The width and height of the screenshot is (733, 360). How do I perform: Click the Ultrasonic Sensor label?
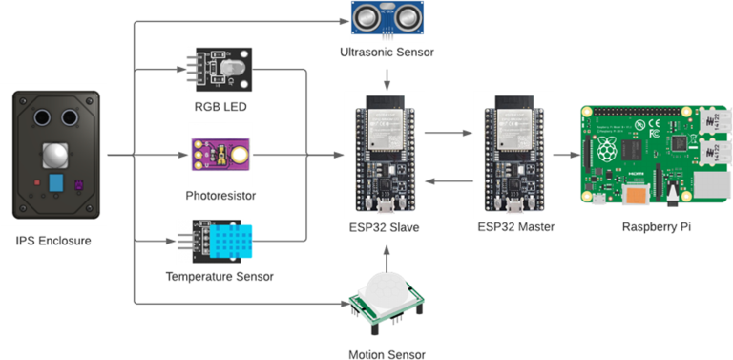click(387, 52)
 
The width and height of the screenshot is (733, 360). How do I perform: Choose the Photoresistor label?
click(220, 195)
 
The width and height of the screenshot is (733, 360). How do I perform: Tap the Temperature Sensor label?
click(219, 276)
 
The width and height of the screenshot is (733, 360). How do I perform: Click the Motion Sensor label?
click(387, 354)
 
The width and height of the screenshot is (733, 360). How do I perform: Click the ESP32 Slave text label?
click(387, 227)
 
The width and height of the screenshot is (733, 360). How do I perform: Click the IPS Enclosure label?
click(54, 241)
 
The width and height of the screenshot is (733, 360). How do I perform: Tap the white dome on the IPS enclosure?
click(55, 155)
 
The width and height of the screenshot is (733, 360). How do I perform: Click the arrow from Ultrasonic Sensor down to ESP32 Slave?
click(387, 82)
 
